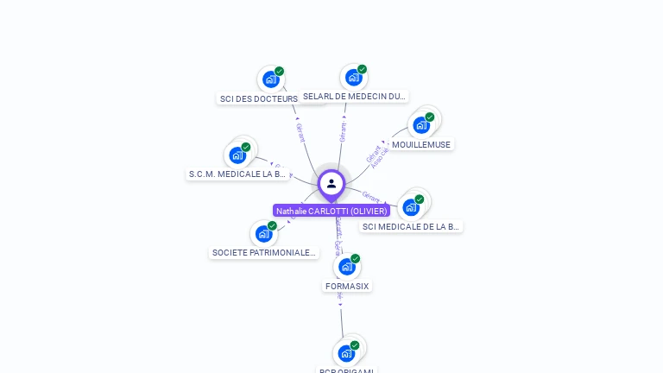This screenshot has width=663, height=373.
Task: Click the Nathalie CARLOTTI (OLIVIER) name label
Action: [331, 211]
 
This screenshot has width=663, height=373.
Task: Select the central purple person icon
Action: [331, 184]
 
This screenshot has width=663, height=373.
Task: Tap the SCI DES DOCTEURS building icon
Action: [271, 79]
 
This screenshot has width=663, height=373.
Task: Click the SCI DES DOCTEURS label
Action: [259, 98]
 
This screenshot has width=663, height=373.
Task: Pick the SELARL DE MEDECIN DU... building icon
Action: [353, 78]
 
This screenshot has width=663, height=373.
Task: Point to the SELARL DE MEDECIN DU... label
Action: [354, 96]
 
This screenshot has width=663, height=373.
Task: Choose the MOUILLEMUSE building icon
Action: [421, 125]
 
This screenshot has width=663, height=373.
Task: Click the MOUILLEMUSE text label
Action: [421, 144]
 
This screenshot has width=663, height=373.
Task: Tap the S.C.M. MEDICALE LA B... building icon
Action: [237, 156]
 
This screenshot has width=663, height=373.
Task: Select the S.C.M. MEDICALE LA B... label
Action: [237, 174]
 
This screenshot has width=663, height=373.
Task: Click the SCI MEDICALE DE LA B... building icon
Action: [411, 207]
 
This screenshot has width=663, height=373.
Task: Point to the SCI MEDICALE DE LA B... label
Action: [411, 226]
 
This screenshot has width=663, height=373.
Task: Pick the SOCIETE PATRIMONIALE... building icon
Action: [263, 234]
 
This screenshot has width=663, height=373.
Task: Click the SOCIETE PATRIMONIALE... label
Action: [264, 252]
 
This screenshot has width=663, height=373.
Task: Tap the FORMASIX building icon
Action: [346, 267]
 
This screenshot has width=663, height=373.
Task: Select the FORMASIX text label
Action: [347, 286]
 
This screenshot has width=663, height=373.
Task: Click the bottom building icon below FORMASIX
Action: [346, 353]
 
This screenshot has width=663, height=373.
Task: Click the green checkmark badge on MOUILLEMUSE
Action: [430, 117]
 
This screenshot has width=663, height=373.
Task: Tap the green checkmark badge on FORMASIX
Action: [355, 258]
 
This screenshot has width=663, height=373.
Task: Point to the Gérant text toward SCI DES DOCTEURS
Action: [300, 132]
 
